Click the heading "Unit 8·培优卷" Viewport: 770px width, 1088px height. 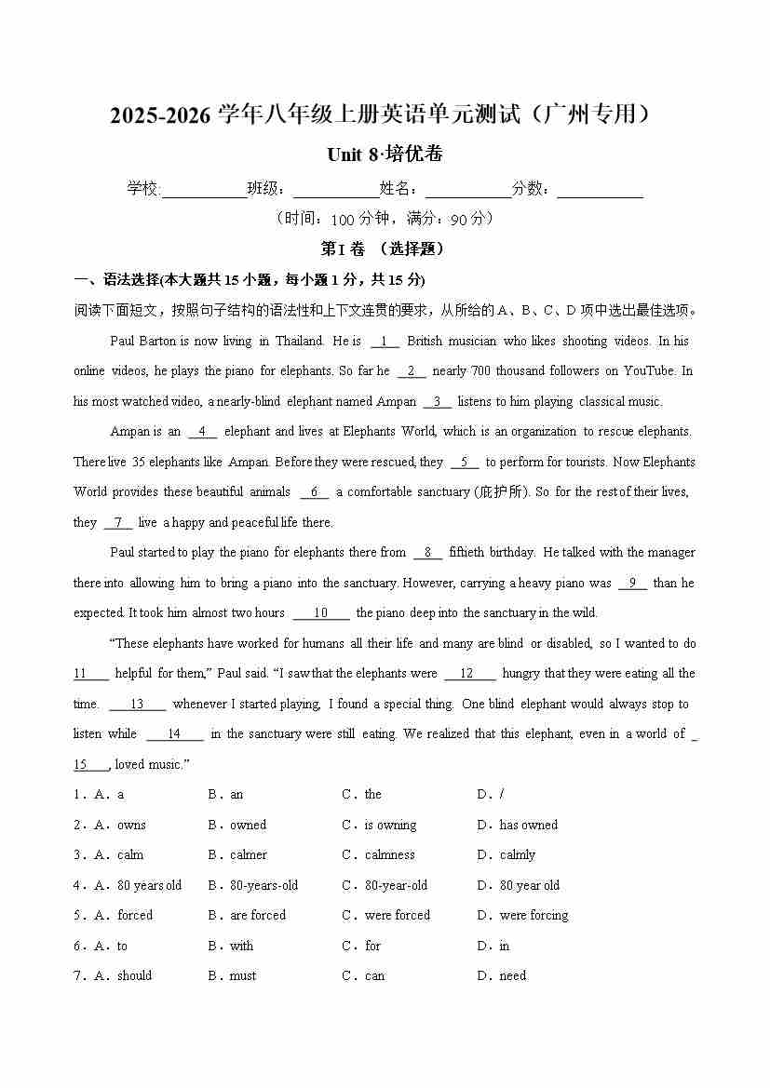[385, 154]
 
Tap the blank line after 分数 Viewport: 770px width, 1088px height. [600, 191]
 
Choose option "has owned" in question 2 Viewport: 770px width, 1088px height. [528, 825]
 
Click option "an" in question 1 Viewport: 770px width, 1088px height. [236, 794]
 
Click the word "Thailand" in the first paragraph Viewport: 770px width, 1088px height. [298, 341]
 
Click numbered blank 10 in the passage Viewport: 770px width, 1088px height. [321, 612]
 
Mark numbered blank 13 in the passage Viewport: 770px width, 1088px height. [137, 704]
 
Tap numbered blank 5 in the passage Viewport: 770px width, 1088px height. [465, 462]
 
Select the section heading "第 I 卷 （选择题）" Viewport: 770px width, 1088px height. [383, 248]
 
